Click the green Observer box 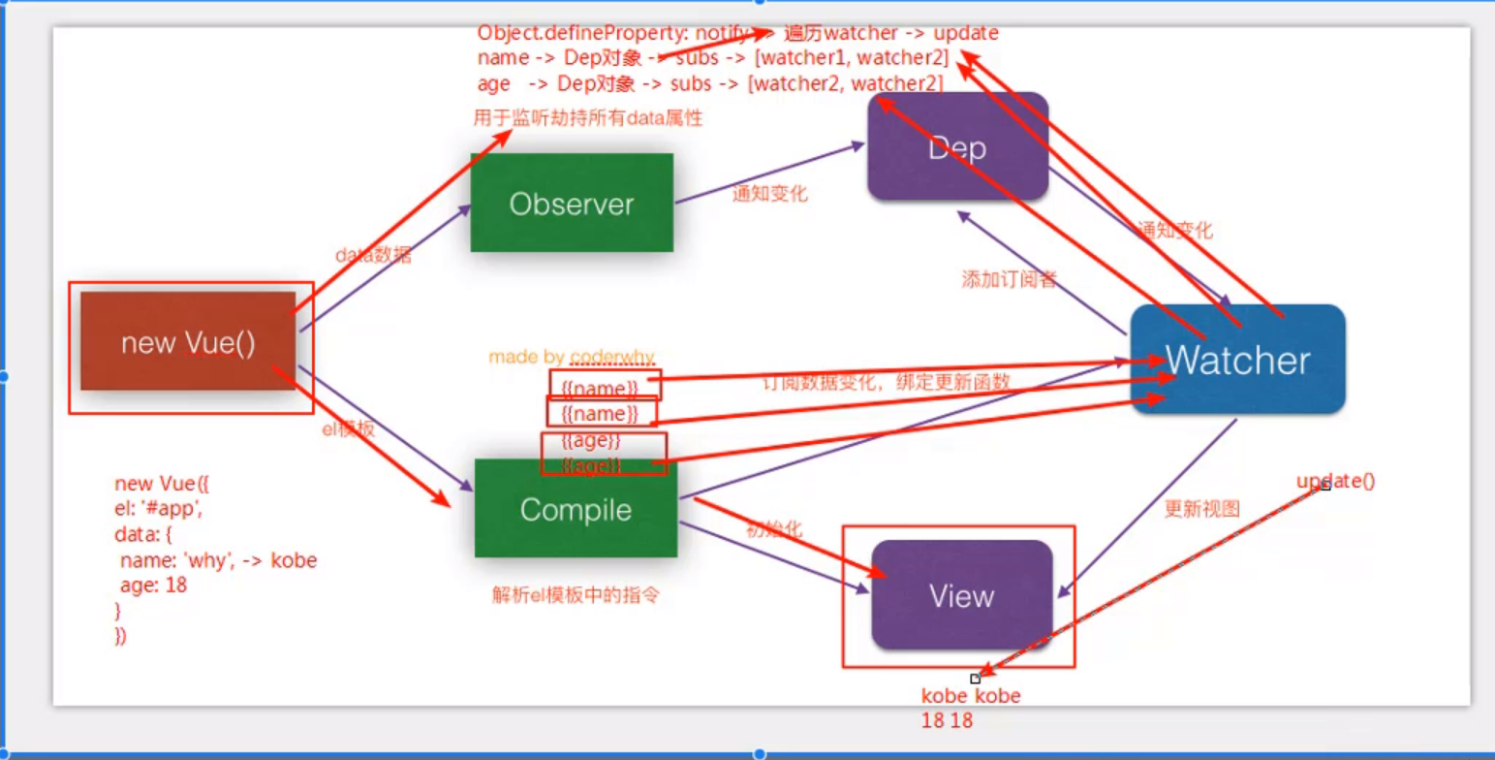pyautogui.click(x=572, y=204)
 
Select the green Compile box pyautogui.click(x=576, y=509)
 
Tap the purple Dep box pyautogui.click(x=957, y=147)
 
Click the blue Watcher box pyautogui.click(x=1237, y=361)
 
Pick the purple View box pyautogui.click(x=961, y=594)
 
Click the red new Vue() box pyautogui.click(x=188, y=342)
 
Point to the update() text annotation pyautogui.click(x=1336, y=481)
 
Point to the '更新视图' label pyautogui.click(x=1201, y=509)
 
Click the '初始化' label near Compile pyautogui.click(x=775, y=529)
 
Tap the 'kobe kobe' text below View pyautogui.click(x=970, y=696)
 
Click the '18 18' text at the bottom pyautogui.click(x=947, y=720)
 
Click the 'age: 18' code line pyautogui.click(x=153, y=586)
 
